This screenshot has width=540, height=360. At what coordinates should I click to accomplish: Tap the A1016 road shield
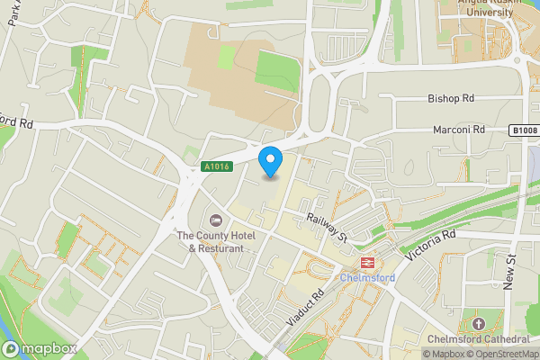click(215, 166)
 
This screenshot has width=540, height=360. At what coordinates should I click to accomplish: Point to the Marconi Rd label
click(460, 130)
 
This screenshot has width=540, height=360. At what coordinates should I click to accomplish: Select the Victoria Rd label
click(431, 246)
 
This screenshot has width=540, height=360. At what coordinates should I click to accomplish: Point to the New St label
click(509, 271)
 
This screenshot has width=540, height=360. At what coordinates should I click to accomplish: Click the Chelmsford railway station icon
click(367, 263)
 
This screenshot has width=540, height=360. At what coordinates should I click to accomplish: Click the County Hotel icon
click(215, 220)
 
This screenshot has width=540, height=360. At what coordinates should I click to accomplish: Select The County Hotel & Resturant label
click(215, 241)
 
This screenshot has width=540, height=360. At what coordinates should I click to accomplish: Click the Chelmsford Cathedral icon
click(478, 323)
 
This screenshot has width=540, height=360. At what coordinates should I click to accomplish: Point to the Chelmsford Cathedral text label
click(478, 339)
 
